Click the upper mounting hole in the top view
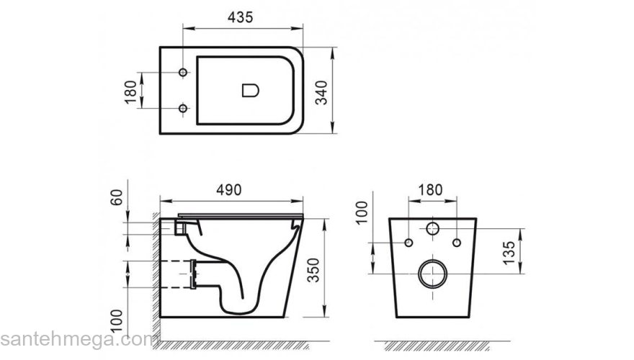[x=183, y=73]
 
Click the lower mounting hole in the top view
[x=183, y=109]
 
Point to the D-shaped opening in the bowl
[x=249, y=91]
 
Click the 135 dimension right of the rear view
[x=509, y=251]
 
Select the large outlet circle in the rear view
[x=432, y=274]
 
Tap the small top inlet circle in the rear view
[x=432, y=229]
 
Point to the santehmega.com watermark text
[x=79, y=339]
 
